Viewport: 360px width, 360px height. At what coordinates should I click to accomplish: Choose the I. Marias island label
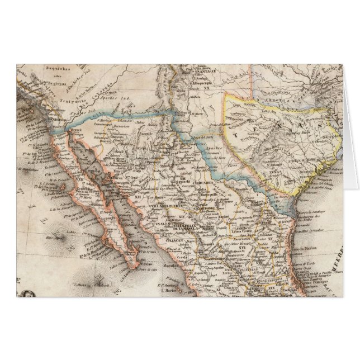click(168, 291)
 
